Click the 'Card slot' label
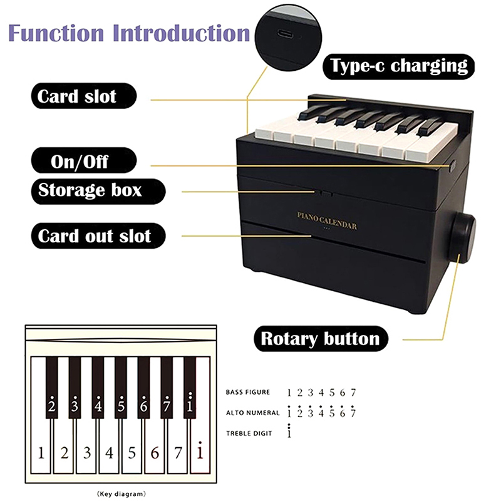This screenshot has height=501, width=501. tap(84, 96)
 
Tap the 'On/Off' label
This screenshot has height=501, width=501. tap(84, 161)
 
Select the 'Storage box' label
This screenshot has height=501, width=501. tap(98, 191)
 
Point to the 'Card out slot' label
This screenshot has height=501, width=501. tap(98, 236)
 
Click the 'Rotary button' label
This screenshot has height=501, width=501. tap(321, 339)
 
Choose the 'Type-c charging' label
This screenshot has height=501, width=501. tap(398, 66)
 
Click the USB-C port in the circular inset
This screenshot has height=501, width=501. tap(285, 33)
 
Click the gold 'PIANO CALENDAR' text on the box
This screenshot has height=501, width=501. tap(327, 220)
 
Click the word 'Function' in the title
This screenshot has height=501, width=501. tap(56, 33)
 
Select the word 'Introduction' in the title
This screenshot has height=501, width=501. tap(181, 33)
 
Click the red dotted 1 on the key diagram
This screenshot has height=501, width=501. tap(200, 450)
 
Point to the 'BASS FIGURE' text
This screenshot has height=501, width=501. tap(247, 392)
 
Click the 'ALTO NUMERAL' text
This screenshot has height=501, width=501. tap(252, 413)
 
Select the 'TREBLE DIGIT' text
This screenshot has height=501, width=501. tap(249, 433)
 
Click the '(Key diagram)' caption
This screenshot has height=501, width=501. tap(121, 494)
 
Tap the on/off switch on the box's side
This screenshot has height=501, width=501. tap(452, 167)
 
